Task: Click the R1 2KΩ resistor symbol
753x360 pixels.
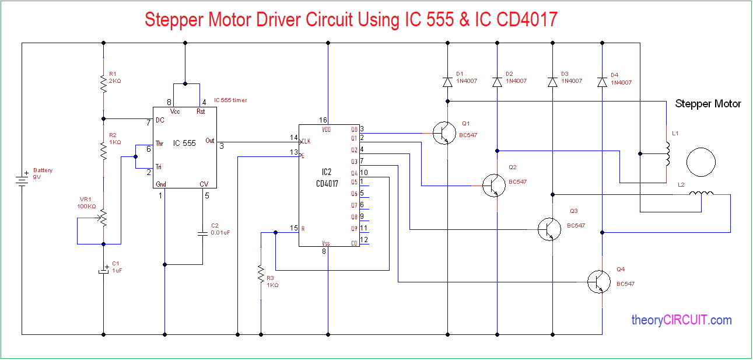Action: (x=103, y=86)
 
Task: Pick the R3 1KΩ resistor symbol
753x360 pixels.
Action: (x=260, y=274)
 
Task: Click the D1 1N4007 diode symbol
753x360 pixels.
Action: (x=447, y=82)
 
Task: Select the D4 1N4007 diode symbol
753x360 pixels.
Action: (x=603, y=82)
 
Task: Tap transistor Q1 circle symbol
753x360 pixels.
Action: (x=444, y=133)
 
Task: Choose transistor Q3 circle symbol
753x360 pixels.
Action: (x=549, y=229)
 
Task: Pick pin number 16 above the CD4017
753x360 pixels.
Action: (x=323, y=120)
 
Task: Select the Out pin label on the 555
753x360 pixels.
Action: (x=210, y=141)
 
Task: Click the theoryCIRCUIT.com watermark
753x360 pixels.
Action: (x=681, y=320)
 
